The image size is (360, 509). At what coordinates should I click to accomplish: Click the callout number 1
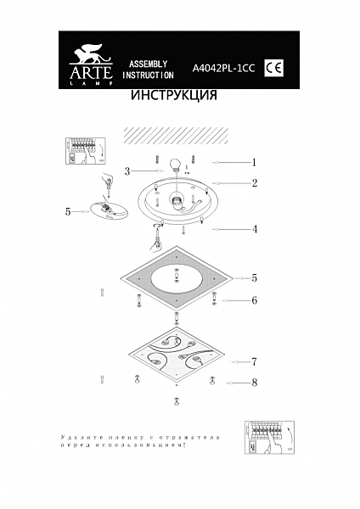(x=253, y=161)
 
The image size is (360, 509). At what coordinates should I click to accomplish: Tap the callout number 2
(x=254, y=182)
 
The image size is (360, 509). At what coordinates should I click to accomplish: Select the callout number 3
(x=127, y=171)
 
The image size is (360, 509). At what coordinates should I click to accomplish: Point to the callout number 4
(x=254, y=229)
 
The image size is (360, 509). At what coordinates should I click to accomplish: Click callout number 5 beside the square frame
(x=254, y=277)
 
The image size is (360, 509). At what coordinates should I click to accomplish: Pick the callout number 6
(x=254, y=300)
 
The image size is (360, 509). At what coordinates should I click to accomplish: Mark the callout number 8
(x=254, y=383)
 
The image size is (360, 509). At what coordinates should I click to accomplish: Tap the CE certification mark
(x=274, y=66)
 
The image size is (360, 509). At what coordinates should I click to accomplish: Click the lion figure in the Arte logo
(x=84, y=53)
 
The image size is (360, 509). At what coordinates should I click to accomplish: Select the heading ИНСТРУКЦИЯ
(x=174, y=96)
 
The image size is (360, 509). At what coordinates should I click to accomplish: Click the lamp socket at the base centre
(x=176, y=200)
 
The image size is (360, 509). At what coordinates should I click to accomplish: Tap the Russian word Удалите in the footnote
(x=76, y=435)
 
